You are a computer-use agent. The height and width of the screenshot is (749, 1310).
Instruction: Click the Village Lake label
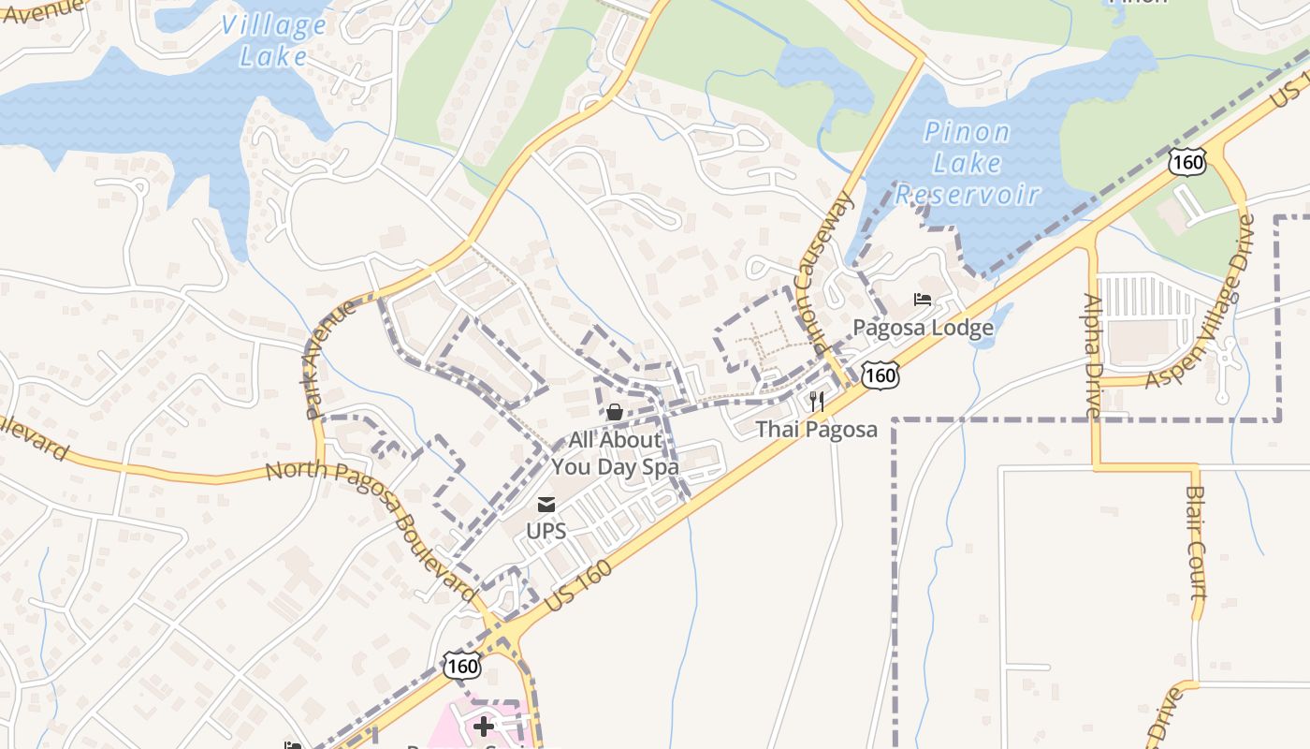[273, 40]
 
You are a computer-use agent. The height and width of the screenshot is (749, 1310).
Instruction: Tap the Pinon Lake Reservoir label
[968, 163]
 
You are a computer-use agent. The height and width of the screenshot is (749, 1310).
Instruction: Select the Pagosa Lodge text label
[923, 328]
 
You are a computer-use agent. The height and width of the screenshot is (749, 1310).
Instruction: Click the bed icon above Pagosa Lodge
[923, 301]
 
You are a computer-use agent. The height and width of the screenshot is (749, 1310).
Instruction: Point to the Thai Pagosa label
[817, 430]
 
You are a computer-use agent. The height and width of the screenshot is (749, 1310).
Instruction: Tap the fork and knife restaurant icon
[817, 403]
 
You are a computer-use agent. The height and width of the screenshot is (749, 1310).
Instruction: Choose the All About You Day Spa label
[615, 453]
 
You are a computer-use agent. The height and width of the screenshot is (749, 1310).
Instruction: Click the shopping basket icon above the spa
[615, 412]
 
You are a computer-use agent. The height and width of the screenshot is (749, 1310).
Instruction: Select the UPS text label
[546, 531]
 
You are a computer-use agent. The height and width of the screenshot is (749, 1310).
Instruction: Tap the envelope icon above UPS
[546, 506]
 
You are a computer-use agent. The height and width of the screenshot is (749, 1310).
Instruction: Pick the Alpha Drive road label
[1093, 356]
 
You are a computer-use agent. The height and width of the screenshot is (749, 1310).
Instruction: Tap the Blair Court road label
[1196, 543]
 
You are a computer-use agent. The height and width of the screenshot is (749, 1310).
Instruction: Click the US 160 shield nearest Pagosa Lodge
[881, 375]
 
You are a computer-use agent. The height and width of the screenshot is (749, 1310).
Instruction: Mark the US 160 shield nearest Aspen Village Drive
[1186, 162]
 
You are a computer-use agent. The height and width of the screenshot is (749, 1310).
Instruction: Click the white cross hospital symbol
[484, 727]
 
